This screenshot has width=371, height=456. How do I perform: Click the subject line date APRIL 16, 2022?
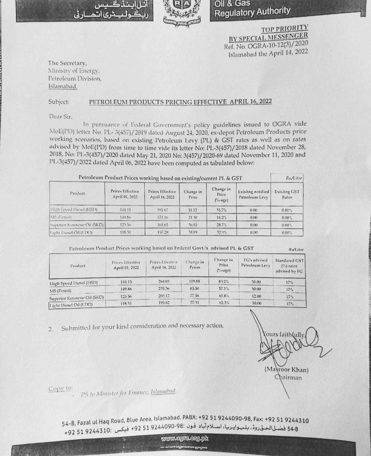[251, 102]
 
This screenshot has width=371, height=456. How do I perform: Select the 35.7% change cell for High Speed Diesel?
[221, 210]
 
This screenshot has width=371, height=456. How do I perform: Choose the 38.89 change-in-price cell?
[193, 232]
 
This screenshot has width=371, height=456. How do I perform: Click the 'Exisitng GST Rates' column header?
[287, 194]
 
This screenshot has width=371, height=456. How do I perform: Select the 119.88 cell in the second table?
[195, 281]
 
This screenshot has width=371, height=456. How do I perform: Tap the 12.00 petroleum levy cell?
[256, 296]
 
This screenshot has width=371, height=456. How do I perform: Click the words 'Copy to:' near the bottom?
[60, 388]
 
